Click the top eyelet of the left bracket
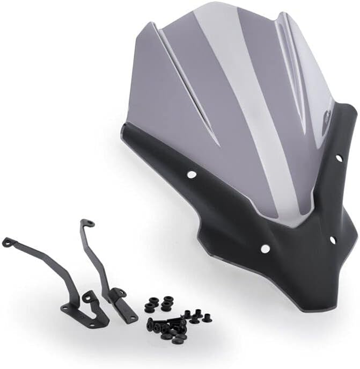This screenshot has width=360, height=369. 6,242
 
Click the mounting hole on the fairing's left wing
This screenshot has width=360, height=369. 192,175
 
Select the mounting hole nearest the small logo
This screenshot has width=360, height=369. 339,158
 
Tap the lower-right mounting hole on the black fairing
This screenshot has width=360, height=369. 332,240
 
